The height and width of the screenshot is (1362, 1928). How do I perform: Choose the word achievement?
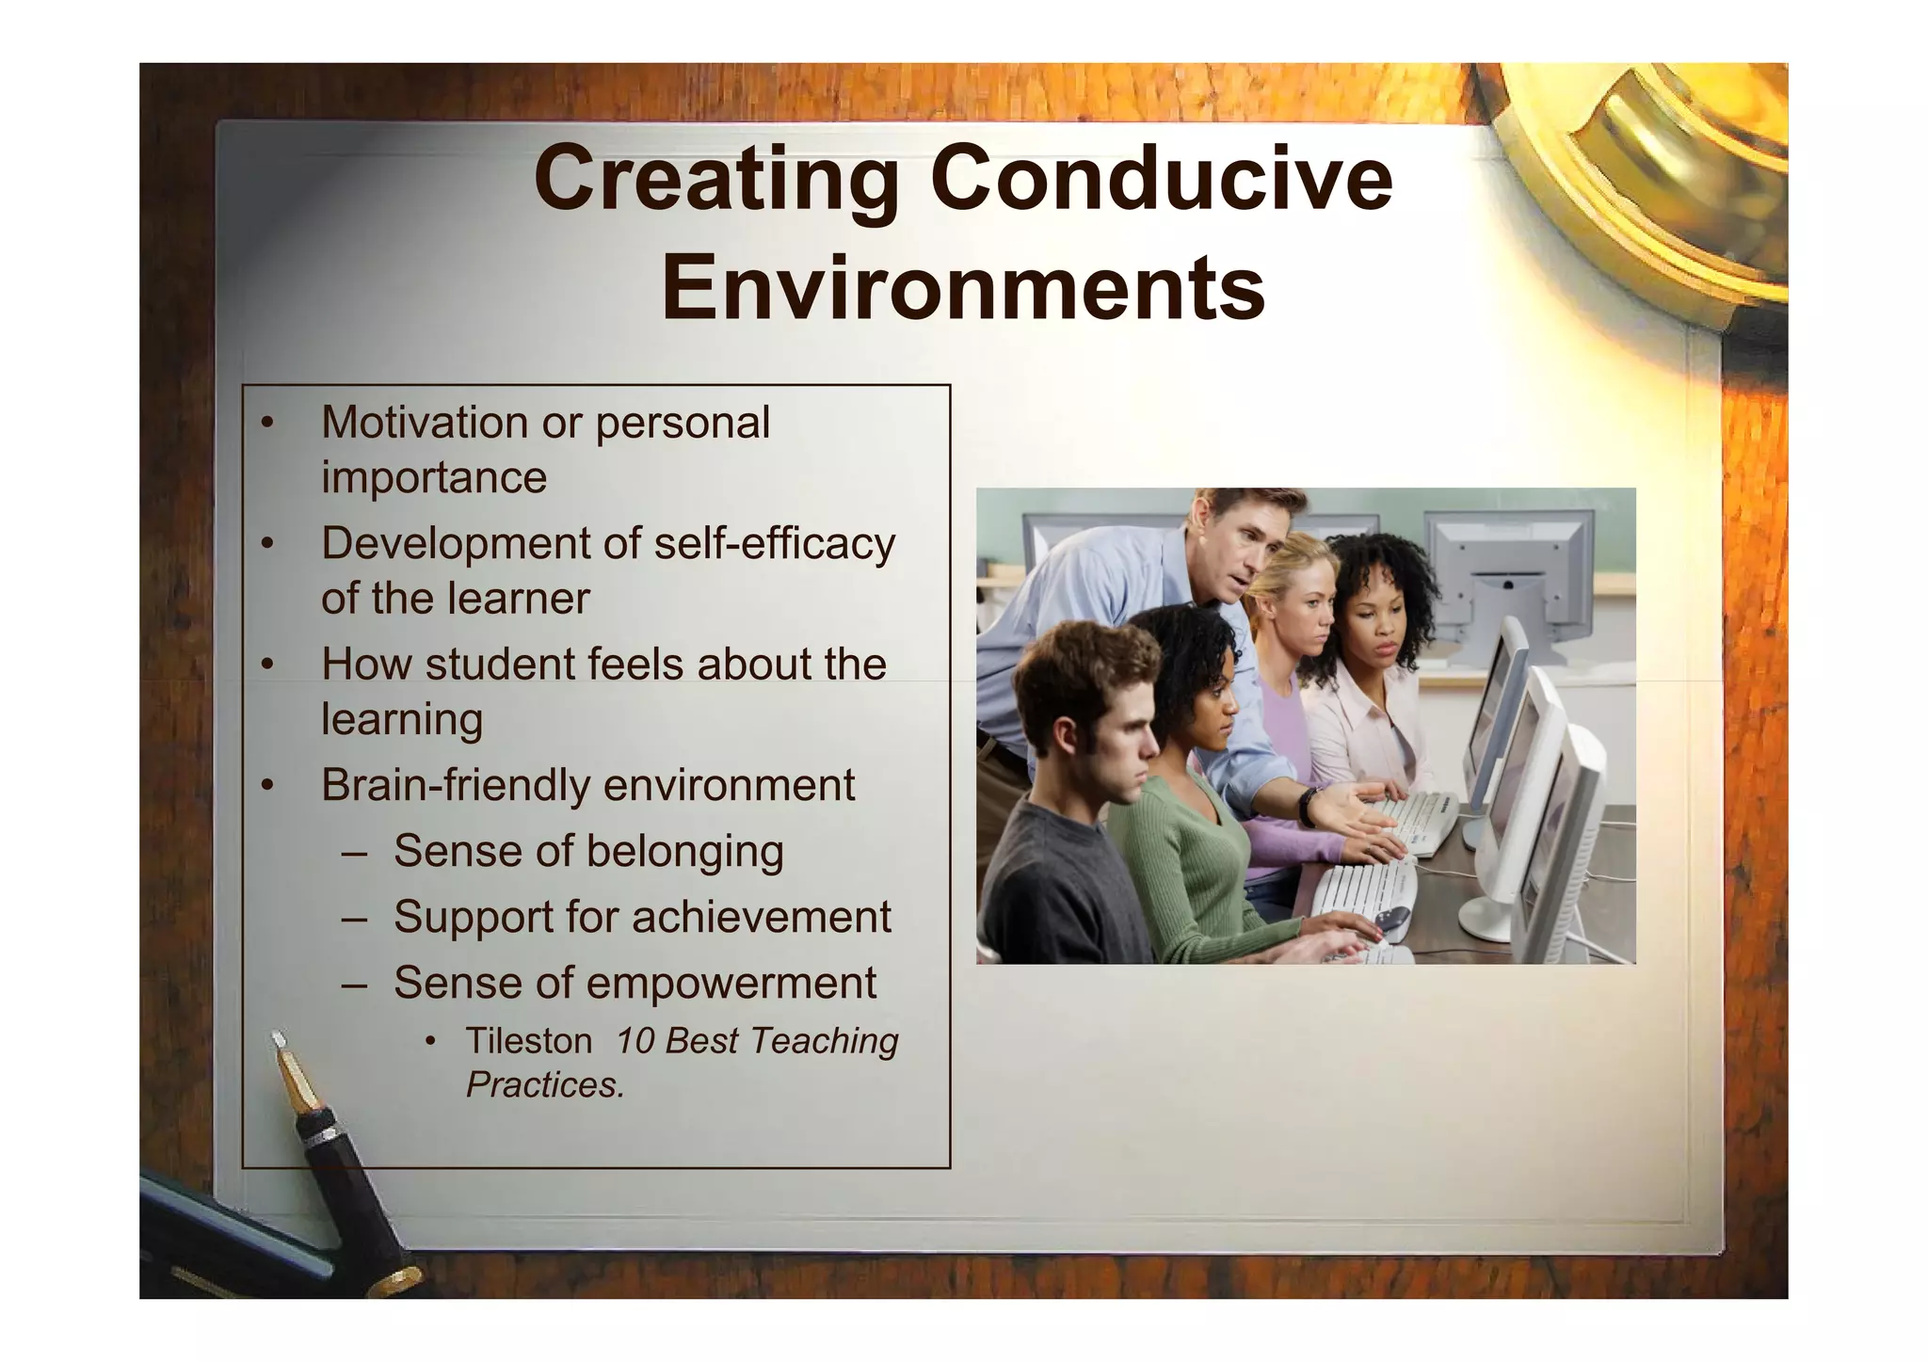(x=748, y=917)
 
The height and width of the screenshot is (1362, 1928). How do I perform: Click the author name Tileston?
(x=528, y=1041)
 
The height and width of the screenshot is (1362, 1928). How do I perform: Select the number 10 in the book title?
(x=635, y=1041)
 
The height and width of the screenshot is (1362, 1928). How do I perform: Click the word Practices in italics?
(x=543, y=1085)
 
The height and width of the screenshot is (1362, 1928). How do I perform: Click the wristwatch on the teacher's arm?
(x=1308, y=807)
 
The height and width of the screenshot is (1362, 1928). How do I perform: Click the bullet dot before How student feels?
(x=267, y=665)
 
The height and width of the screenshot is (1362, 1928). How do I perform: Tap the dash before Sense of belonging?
(x=355, y=853)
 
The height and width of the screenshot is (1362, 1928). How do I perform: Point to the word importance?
(x=433, y=477)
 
